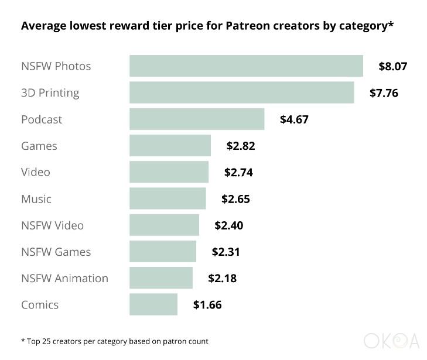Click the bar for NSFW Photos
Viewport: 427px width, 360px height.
click(246, 66)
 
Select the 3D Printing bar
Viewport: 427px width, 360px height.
click(241, 92)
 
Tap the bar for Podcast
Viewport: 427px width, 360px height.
click(197, 119)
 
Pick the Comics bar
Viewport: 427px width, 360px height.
click(153, 304)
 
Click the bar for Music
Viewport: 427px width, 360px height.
click(168, 198)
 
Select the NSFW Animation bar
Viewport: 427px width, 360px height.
click(161, 278)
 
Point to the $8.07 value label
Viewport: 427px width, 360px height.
click(392, 66)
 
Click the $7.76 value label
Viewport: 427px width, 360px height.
click(384, 92)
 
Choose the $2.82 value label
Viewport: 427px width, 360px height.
click(241, 146)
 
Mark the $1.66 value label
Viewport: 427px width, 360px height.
click(207, 304)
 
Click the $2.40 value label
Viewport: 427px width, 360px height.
click(228, 225)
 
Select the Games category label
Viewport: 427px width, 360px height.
click(39, 146)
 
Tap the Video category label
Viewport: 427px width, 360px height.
click(36, 172)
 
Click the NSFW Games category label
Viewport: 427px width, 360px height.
click(56, 252)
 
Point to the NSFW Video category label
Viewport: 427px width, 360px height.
click(53, 225)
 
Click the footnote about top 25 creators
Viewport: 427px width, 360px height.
click(115, 341)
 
